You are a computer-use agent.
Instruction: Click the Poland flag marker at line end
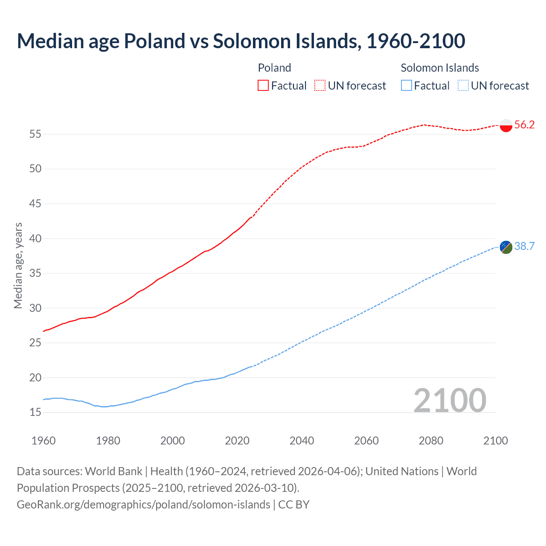point(506,125)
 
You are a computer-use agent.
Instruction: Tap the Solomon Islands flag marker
point(506,247)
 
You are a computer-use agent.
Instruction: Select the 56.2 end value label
point(524,125)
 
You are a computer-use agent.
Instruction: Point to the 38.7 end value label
point(524,247)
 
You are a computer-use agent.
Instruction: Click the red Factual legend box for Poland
point(263,86)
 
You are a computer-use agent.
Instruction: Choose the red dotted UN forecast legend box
point(320,86)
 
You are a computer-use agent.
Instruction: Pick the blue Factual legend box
point(407,86)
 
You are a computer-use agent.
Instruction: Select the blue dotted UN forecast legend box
point(463,86)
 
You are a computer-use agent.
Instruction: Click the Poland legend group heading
point(274,68)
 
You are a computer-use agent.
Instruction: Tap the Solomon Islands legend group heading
point(439,68)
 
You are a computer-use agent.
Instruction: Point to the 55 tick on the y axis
point(35,134)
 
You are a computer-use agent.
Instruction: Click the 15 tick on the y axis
point(35,412)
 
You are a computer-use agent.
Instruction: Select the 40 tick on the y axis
point(35,238)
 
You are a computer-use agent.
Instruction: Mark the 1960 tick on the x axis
point(44,441)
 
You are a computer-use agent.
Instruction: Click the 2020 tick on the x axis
point(237,441)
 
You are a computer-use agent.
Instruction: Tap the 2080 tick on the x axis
point(431,441)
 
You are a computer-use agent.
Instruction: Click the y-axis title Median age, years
point(18,265)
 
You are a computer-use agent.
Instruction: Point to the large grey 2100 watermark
point(450,401)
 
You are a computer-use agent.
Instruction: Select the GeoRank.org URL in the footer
point(143,505)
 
